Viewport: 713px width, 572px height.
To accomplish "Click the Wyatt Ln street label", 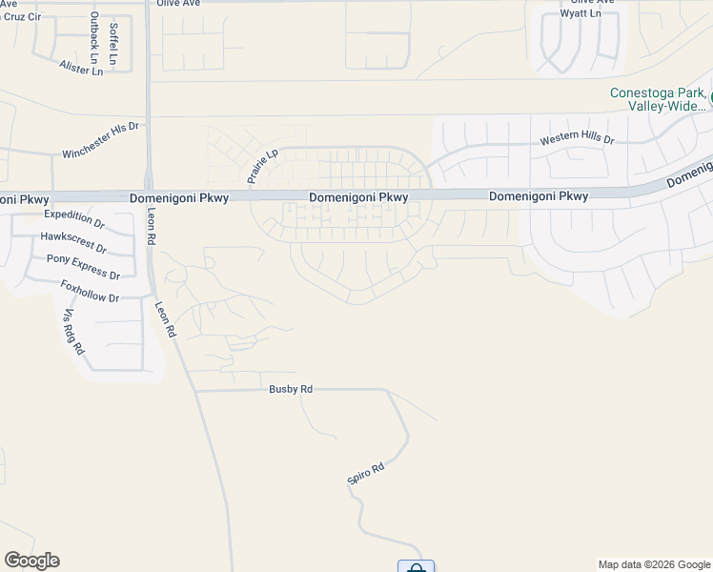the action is (581, 14).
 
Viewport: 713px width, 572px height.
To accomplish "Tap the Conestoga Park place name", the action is (658, 93).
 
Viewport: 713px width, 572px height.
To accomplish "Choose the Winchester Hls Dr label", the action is (100, 140).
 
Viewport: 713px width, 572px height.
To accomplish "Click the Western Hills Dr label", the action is (578, 139).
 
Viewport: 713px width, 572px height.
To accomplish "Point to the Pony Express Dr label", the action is (84, 267).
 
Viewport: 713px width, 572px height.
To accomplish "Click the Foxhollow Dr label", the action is (90, 291).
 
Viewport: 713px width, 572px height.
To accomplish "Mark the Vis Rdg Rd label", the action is (73, 332).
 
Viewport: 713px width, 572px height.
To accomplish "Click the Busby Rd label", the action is (291, 389).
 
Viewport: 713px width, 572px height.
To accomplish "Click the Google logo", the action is (31, 561).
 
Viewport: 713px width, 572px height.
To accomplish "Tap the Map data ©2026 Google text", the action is (655, 564).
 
